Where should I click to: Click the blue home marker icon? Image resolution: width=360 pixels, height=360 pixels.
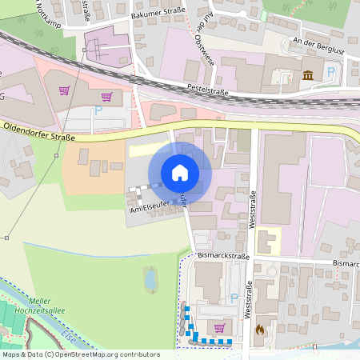pyautogui.click(x=180, y=172)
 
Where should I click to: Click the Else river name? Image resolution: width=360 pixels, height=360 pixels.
pyautogui.click(x=67, y=335)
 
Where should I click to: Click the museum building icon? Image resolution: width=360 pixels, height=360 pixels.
pyautogui.click(x=307, y=75)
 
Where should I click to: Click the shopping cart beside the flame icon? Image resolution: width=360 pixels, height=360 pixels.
pyautogui.click(x=219, y=327)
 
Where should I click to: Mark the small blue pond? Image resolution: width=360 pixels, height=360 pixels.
pyautogui.click(x=150, y=279)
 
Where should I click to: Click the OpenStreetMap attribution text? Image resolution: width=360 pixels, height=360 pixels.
pyautogui.click(x=80, y=354)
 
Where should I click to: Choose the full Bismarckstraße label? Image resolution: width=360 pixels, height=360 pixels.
pyautogui.click(x=223, y=257)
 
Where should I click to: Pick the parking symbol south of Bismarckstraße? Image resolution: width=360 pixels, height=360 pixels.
pyautogui.click(x=234, y=298)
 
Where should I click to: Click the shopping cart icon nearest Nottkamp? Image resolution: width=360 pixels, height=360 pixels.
pyautogui.click(x=63, y=90)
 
